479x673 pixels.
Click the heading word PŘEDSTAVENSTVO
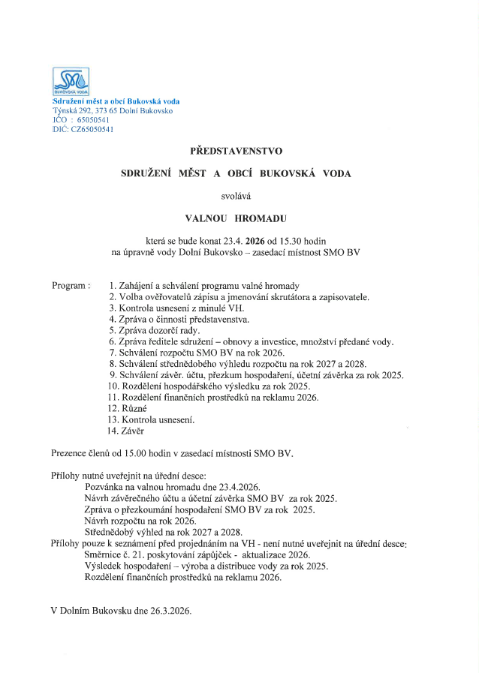pos(236,151)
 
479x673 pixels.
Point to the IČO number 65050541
pos(89,120)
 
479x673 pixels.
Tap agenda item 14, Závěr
pos(125,431)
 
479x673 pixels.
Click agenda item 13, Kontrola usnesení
pos(151,419)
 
